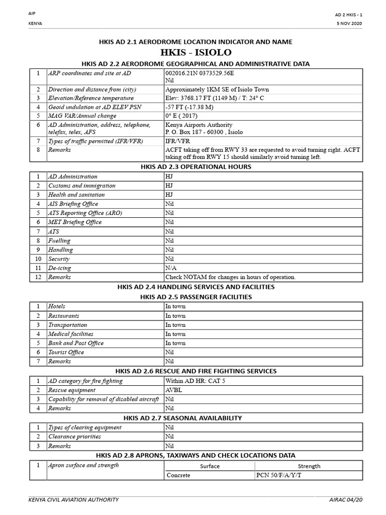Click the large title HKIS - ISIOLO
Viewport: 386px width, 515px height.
tap(196, 53)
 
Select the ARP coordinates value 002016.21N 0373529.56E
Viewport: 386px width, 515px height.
tap(200, 73)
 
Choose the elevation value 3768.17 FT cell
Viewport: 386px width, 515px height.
tap(214, 98)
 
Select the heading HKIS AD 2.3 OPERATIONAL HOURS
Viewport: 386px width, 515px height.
tap(196, 166)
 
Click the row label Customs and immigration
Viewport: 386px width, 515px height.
tap(81, 186)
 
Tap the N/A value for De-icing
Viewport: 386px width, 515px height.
tap(171, 268)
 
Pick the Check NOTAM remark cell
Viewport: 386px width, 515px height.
tap(230, 277)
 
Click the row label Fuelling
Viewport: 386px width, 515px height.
tap(59, 240)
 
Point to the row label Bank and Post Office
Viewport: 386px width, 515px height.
tap(76, 343)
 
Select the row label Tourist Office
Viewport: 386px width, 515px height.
tap(66, 352)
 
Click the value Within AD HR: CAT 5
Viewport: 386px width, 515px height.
tap(195, 381)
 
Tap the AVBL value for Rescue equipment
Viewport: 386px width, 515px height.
tap(174, 390)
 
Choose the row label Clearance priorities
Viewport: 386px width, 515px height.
tap(74, 437)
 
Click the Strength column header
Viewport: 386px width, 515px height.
tap(309, 466)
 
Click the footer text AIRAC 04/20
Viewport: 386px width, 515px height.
tap(345, 499)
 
